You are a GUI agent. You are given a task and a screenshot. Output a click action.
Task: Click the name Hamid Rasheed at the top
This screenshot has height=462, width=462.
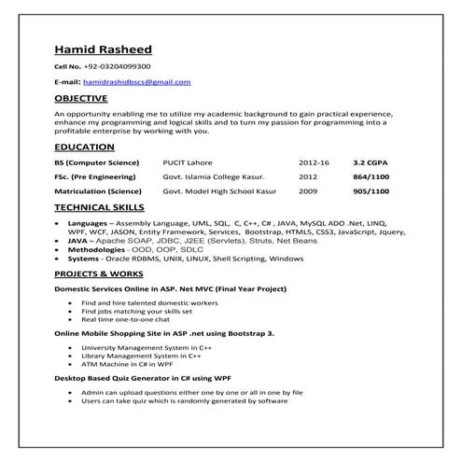click(103, 49)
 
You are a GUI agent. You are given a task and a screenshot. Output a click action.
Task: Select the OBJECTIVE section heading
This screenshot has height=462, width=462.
click(81, 97)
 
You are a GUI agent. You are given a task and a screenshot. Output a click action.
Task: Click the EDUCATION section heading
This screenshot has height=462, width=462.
click(84, 147)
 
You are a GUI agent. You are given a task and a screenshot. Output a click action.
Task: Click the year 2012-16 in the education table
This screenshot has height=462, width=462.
click(314, 162)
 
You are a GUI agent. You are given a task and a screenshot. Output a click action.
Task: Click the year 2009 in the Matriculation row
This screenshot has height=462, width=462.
click(308, 189)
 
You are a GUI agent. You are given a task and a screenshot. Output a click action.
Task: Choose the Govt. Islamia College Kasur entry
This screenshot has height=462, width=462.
click(214, 175)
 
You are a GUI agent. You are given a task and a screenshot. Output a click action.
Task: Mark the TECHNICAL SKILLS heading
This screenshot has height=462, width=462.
click(99, 207)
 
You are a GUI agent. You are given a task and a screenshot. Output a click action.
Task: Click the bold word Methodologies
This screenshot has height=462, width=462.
click(97, 249)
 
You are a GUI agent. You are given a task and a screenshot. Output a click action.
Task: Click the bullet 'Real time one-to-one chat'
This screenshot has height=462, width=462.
click(122, 319)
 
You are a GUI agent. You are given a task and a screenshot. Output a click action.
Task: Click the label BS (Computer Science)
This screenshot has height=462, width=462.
click(97, 162)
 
